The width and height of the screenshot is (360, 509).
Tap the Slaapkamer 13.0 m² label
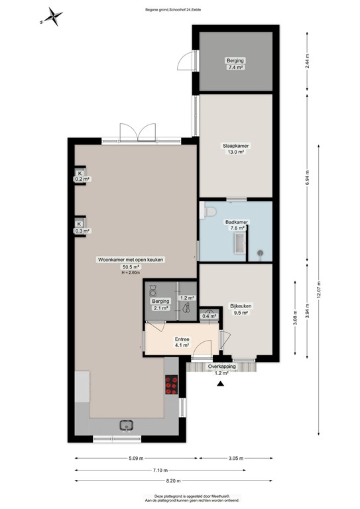[x=235, y=148]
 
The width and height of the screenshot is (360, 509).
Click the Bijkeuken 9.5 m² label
[x=239, y=309]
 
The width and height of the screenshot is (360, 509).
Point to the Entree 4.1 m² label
[x=182, y=341]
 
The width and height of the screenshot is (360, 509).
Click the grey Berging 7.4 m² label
[x=235, y=64]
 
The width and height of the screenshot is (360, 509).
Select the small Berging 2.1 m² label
[x=161, y=304]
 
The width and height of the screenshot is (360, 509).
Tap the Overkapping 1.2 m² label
[x=221, y=368]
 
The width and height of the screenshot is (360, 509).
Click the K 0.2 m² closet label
[x=82, y=176]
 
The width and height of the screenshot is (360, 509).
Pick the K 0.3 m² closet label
[x=82, y=227]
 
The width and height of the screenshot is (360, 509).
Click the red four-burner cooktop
[x=172, y=384]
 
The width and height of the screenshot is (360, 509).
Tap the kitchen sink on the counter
[x=125, y=426]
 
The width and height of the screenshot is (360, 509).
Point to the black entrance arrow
[x=221, y=382]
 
